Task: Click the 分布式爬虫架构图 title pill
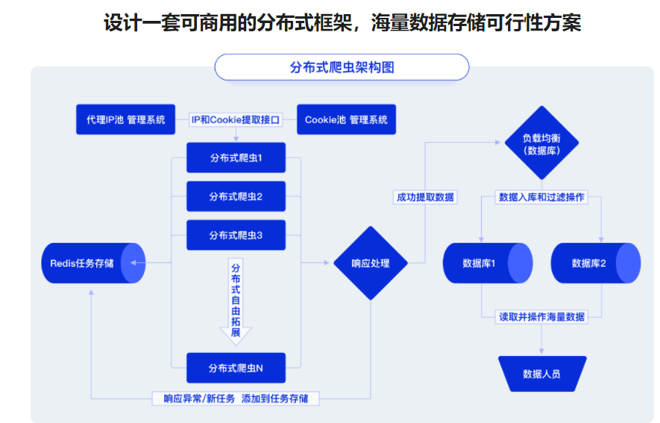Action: [x=342, y=67]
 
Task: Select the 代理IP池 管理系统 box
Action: [x=125, y=119]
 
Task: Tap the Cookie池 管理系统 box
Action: [x=346, y=119]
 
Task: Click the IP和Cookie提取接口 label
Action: [x=236, y=119]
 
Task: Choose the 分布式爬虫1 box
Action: [x=236, y=158]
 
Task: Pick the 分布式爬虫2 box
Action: [x=236, y=197]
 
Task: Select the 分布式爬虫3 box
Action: [x=236, y=235]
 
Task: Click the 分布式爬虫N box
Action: [x=236, y=367]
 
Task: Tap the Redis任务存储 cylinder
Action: [x=92, y=262]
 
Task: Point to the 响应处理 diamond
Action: [x=370, y=263]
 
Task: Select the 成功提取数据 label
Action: [x=425, y=197]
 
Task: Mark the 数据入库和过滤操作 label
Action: [x=541, y=197]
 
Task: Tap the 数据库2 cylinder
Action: [x=595, y=263]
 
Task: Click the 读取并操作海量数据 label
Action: [x=541, y=317]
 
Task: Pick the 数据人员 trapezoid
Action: [x=542, y=373]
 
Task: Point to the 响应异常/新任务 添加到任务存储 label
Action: [x=236, y=398]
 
